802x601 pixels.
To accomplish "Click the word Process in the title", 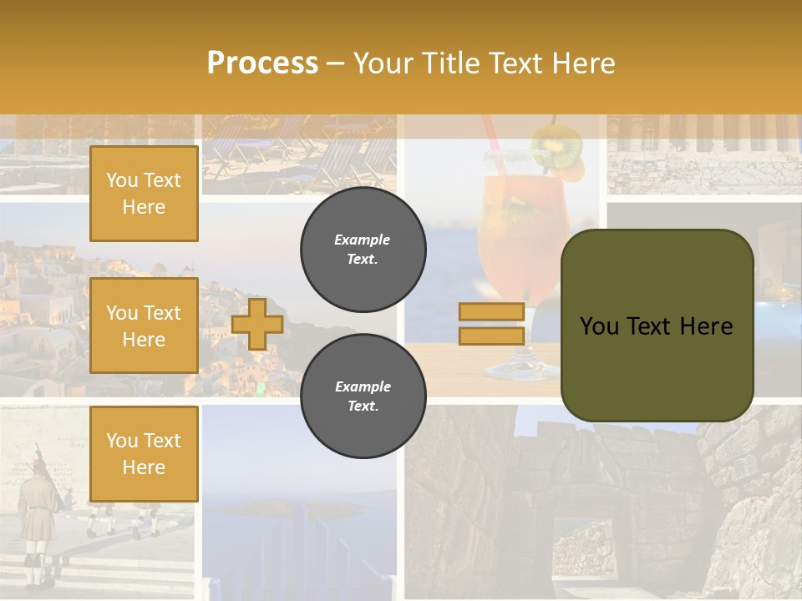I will (262, 63).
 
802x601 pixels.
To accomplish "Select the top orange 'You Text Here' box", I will (144, 194).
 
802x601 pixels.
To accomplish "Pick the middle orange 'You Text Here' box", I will (144, 326).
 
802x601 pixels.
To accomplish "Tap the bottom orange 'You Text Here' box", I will (144, 453).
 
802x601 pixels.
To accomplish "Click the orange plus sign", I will (257, 325).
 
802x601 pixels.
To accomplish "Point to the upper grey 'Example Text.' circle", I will (363, 250).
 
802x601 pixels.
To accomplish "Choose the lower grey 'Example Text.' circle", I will (363, 396).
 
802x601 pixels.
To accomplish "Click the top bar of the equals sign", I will (491, 312).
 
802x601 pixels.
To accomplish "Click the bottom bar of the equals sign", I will (491, 336).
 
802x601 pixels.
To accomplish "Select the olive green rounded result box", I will (657, 326).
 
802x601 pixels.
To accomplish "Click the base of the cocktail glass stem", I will (511, 370).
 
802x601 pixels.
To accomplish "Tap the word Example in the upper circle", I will (363, 240).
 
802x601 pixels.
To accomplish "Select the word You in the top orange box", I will (121, 180).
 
